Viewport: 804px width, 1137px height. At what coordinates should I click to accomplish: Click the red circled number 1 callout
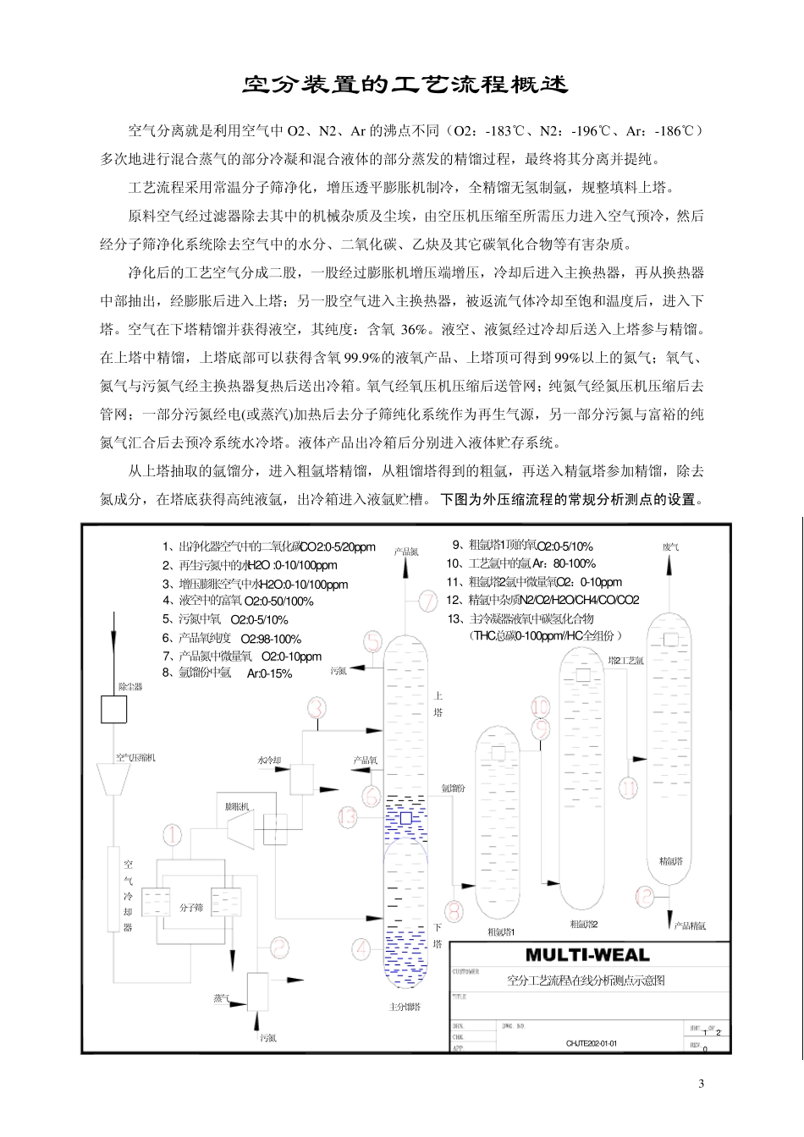(172, 835)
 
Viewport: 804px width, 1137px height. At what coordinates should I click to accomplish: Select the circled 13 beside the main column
(348, 817)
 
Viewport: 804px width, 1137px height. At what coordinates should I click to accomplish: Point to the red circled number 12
(645, 896)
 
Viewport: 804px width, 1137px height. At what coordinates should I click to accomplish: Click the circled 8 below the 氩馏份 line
(454, 911)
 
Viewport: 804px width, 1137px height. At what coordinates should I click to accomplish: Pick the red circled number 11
(627, 788)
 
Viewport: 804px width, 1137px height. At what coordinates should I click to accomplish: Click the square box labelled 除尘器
(114, 709)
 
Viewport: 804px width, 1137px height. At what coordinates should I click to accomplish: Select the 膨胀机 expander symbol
(237, 829)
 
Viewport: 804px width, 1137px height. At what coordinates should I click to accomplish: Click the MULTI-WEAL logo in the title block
(587, 955)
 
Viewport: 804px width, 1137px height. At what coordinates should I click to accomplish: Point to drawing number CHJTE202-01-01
(592, 1043)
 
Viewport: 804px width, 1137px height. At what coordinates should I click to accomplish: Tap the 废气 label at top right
(670, 547)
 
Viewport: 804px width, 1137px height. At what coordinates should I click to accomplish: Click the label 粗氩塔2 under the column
(584, 924)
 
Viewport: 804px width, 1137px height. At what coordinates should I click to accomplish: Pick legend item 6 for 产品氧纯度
(232, 639)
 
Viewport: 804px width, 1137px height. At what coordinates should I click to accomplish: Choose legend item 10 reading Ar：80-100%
(520, 563)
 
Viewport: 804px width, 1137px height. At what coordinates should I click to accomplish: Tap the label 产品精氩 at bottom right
(690, 926)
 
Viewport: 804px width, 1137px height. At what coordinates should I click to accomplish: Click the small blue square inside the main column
(405, 818)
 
